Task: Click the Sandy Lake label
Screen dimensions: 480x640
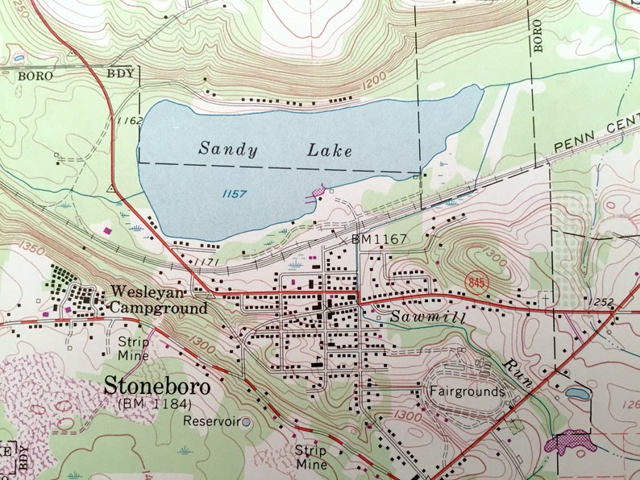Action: click(x=275, y=149)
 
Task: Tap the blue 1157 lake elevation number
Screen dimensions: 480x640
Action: click(x=234, y=194)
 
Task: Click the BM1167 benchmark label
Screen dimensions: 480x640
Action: click(x=379, y=239)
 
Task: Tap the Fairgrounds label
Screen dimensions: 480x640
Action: click(x=467, y=392)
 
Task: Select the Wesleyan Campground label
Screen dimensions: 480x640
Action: click(x=150, y=300)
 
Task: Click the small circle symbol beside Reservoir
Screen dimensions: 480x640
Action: click(x=247, y=421)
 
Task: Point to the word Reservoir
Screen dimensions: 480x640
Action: click(x=211, y=420)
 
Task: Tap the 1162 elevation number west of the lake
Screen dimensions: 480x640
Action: click(x=129, y=122)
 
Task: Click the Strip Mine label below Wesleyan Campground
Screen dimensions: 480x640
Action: click(x=133, y=347)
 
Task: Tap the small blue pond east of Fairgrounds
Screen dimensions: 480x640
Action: click(x=577, y=394)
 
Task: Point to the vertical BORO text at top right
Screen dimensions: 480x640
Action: click(x=538, y=35)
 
